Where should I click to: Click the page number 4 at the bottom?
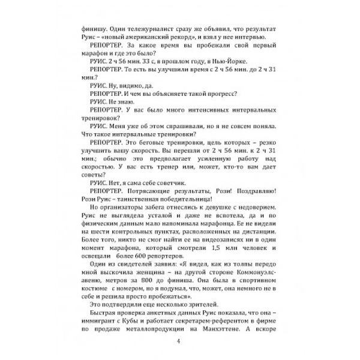[x=179, y=342]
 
